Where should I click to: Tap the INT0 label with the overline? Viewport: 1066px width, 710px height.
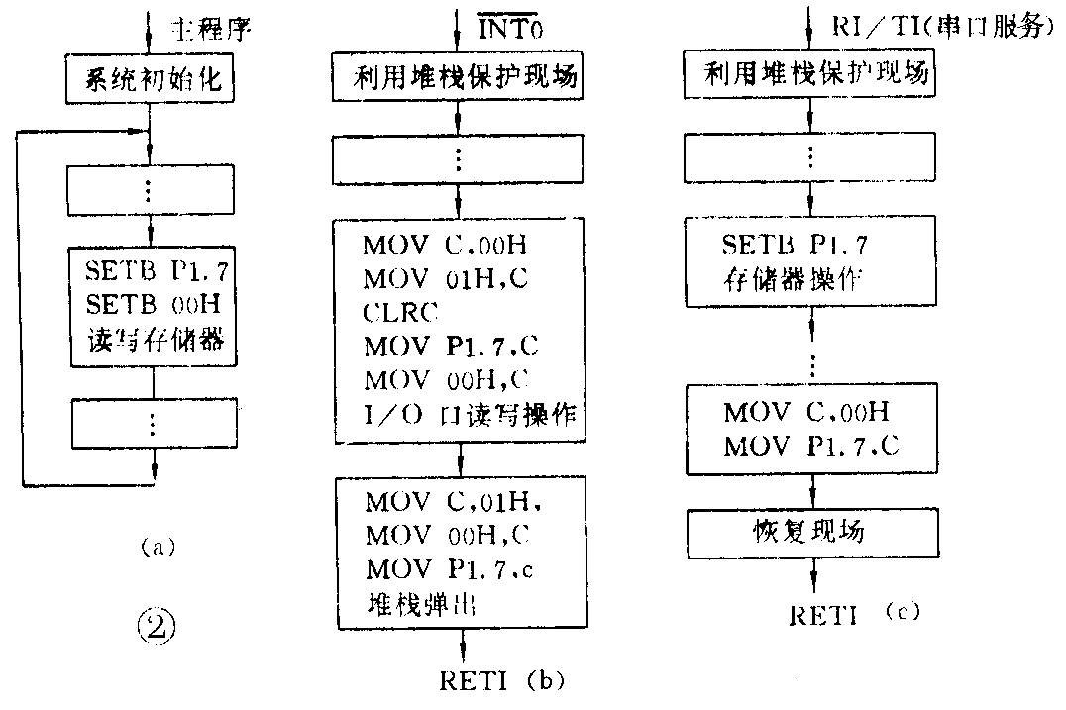tap(502, 23)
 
